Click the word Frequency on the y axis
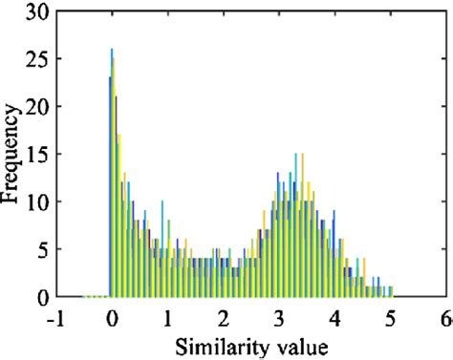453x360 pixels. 12,153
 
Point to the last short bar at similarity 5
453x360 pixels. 391,291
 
